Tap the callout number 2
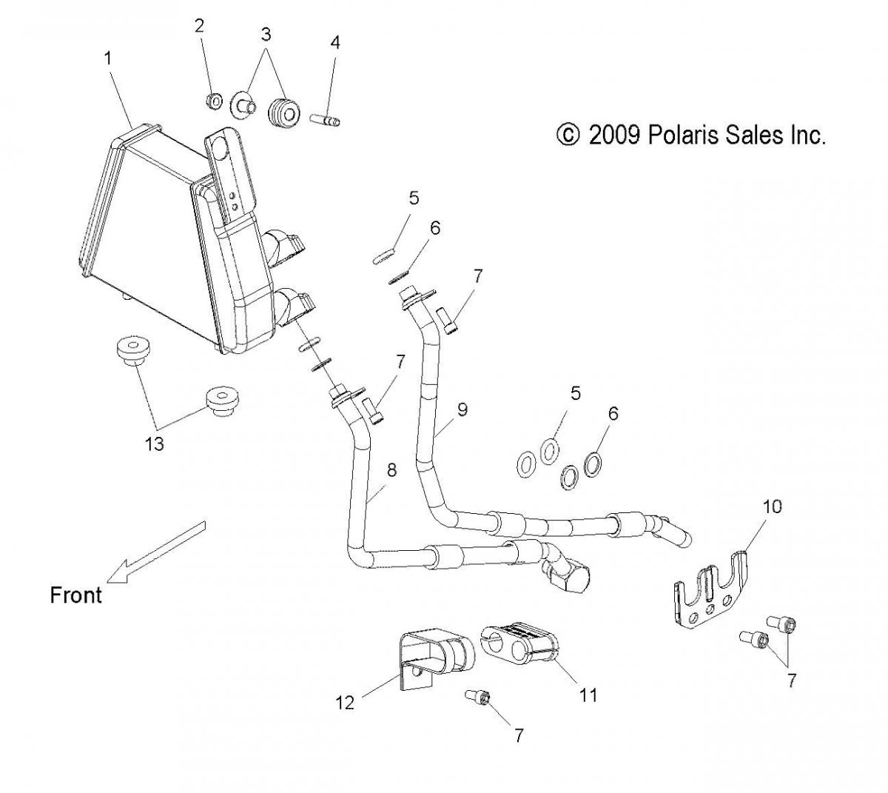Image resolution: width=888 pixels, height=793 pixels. pos(199,27)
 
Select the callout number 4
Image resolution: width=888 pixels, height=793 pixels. pos(335,42)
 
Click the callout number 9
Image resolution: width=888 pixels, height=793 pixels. pos(462,408)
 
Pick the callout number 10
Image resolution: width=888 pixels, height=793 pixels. pos(772,507)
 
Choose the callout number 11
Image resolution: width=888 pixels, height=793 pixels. pos(588,695)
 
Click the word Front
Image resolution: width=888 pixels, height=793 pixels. pos(75,594)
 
